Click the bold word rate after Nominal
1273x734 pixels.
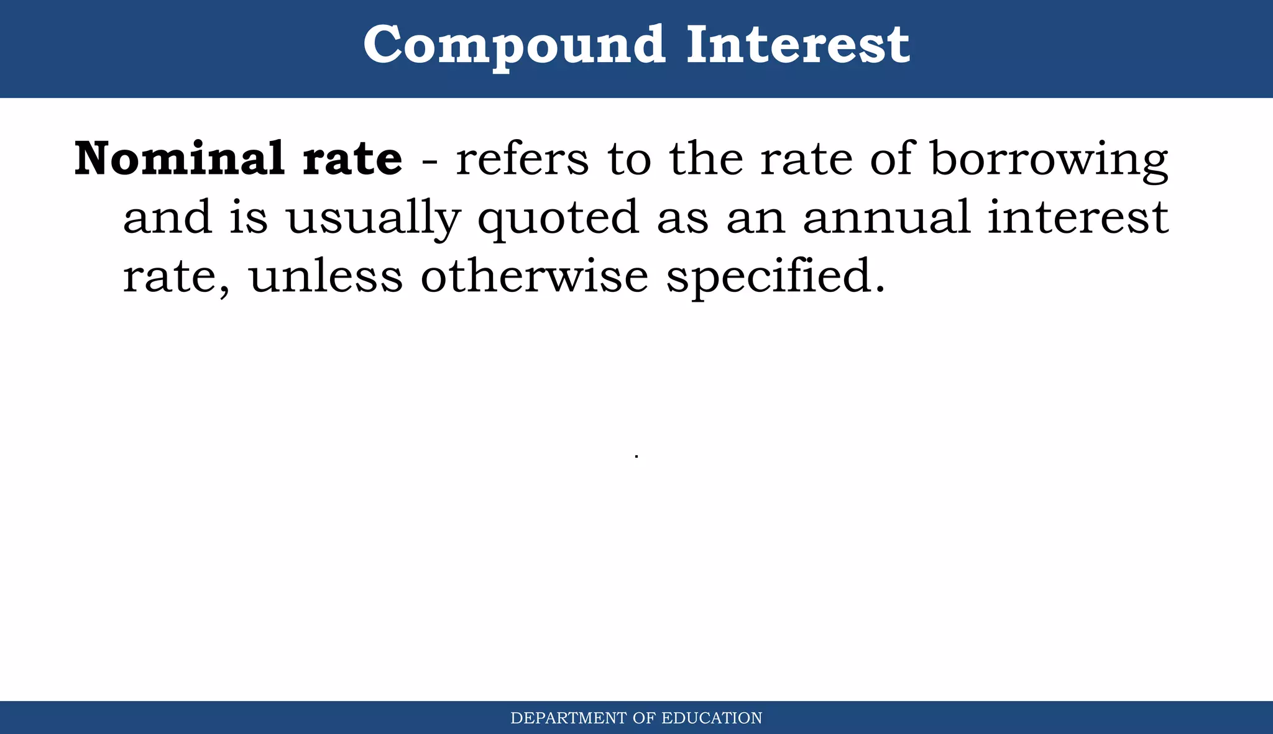(x=352, y=160)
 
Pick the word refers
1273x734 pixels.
(x=522, y=158)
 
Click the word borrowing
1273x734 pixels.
(x=1049, y=160)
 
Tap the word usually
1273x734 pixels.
(x=373, y=219)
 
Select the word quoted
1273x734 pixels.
(x=558, y=219)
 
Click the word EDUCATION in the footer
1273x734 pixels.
(x=712, y=718)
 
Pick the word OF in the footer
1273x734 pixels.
(x=644, y=718)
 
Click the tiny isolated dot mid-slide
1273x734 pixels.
(x=636, y=456)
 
